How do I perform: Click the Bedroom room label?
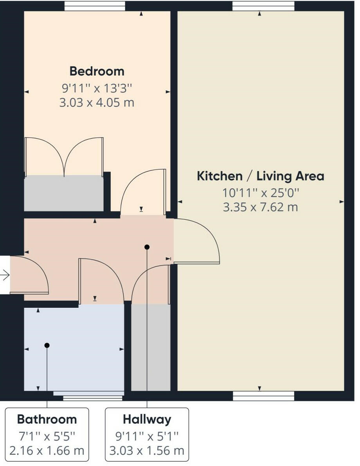pos(97,71)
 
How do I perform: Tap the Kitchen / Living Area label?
pos(260,176)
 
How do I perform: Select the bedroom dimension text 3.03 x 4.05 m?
pos(97,103)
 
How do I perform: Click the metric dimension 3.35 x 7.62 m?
pos(260,207)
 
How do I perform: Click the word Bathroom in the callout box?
pos(47,419)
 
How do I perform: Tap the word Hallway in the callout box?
pos(147,419)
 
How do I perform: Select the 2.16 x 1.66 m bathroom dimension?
pos(47,450)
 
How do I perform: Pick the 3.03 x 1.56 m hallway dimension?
pos(147,450)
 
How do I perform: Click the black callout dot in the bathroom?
pos(47,345)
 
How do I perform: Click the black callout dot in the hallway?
pos(147,247)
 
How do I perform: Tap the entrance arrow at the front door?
pos(5,276)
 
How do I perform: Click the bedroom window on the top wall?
pos(95,6)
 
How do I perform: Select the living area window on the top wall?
pos(263,6)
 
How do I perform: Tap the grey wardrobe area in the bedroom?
pos(64,193)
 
